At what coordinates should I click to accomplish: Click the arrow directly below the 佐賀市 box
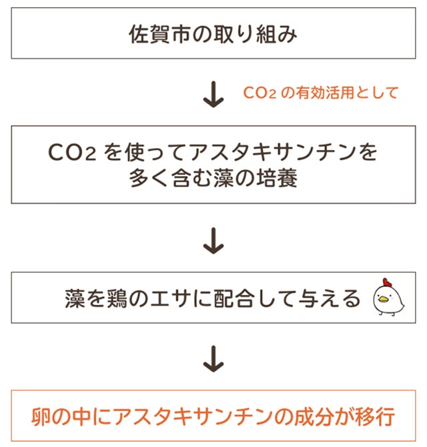pos(213,95)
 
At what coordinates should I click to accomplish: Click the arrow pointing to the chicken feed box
pos(213,241)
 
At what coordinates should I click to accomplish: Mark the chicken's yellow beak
pos(382,299)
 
